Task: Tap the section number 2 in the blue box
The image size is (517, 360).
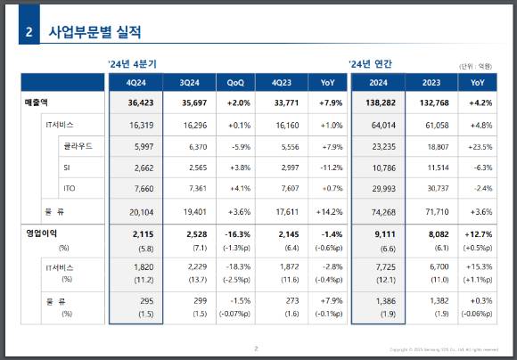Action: click(x=29, y=32)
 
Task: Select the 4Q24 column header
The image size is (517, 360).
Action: click(x=135, y=83)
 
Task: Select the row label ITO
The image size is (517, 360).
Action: click(x=70, y=187)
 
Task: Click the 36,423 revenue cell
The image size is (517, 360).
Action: click(x=135, y=103)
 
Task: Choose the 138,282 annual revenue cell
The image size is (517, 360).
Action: click(x=377, y=103)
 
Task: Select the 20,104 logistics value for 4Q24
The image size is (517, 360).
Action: click(x=135, y=211)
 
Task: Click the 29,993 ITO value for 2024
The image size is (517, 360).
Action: click(x=378, y=187)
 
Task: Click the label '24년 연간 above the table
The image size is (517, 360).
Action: click(x=370, y=64)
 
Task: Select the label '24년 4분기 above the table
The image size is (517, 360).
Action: click(x=131, y=64)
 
